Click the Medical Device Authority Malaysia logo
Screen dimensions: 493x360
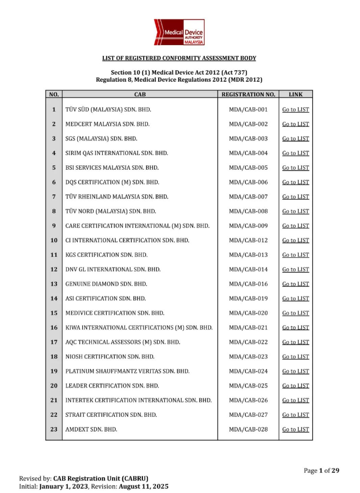tap(179, 32)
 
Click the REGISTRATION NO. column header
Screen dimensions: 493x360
tap(248, 95)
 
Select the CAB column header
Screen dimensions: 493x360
tap(139, 95)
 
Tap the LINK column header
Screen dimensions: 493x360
tap(295, 95)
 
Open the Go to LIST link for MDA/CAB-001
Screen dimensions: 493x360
tap(295, 110)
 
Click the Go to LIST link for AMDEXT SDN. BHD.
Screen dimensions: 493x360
tap(295, 430)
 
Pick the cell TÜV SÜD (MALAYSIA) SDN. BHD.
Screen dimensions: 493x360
tap(108, 110)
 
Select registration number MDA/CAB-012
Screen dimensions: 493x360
tap(248, 241)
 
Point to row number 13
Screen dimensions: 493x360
tap(53, 284)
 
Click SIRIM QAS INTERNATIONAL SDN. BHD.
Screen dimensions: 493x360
tap(116, 153)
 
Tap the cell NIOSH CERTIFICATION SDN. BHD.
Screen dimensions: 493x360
tap(110, 357)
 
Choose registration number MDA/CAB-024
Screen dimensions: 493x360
tap(248, 372)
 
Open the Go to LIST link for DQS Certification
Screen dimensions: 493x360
tap(295, 182)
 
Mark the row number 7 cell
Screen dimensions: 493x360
tap(53, 197)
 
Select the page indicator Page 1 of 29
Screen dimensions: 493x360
tap(321, 471)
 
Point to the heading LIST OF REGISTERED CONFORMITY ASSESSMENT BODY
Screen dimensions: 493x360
tap(179, 58)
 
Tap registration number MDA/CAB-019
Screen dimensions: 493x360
tap(248, 299)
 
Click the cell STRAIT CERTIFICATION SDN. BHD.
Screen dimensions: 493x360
tap(111, 415)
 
